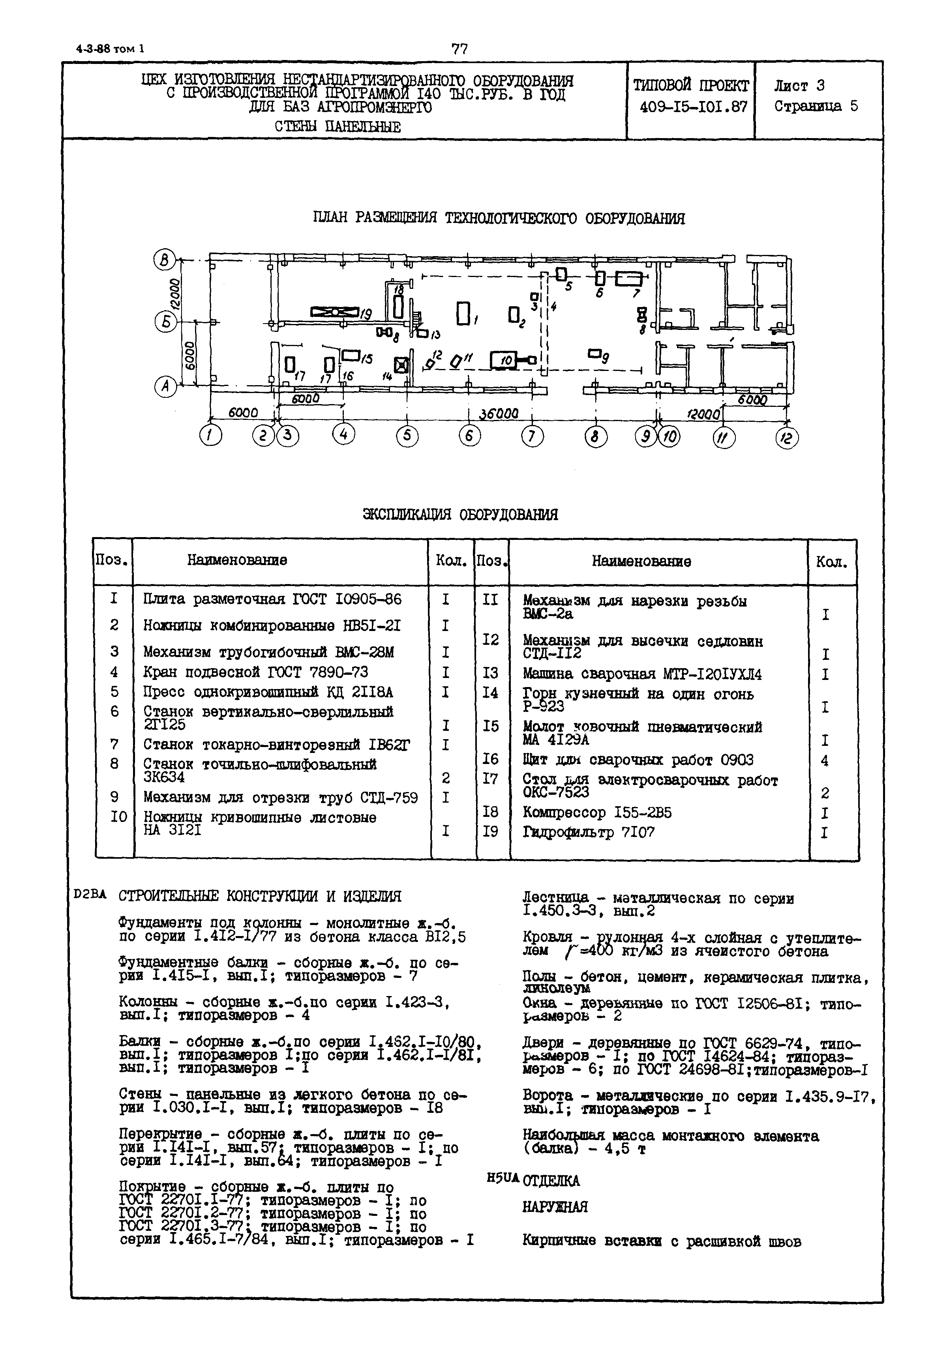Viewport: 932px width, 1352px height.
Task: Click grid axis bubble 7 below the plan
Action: point(532,436)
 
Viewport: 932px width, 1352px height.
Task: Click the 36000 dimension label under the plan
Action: point(498,414)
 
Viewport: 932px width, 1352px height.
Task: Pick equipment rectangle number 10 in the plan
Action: point(505,361)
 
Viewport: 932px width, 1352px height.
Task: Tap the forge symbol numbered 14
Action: point(401,365)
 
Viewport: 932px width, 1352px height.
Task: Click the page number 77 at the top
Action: point(459,49)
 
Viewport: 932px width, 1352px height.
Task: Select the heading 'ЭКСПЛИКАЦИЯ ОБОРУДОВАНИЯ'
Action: point(460,514)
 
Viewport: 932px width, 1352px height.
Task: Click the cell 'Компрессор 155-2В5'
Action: point(597,813)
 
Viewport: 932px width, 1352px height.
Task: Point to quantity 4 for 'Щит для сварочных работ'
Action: point(825,760)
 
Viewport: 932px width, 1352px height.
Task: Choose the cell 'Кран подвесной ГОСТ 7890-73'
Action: point(256,672)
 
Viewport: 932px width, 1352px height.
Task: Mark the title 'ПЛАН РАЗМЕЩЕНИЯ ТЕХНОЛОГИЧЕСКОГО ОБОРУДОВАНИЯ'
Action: point(499,218)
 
